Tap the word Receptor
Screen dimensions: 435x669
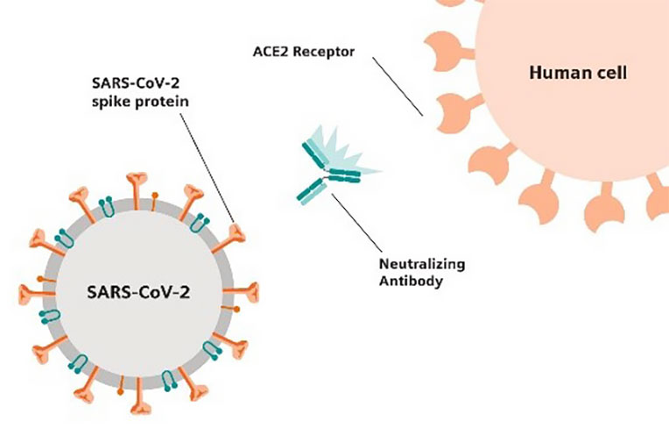(324, 52)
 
